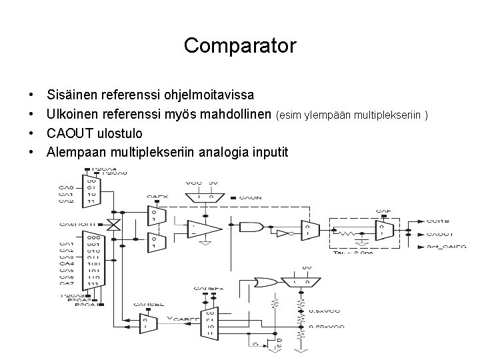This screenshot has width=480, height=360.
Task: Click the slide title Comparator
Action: [x=240, y=46]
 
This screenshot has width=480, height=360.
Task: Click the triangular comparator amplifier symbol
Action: [x=204, y=231]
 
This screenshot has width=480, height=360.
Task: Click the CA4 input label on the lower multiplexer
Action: [x=66, y=263]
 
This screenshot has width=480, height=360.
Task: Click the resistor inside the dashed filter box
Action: [x=346, y=233]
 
